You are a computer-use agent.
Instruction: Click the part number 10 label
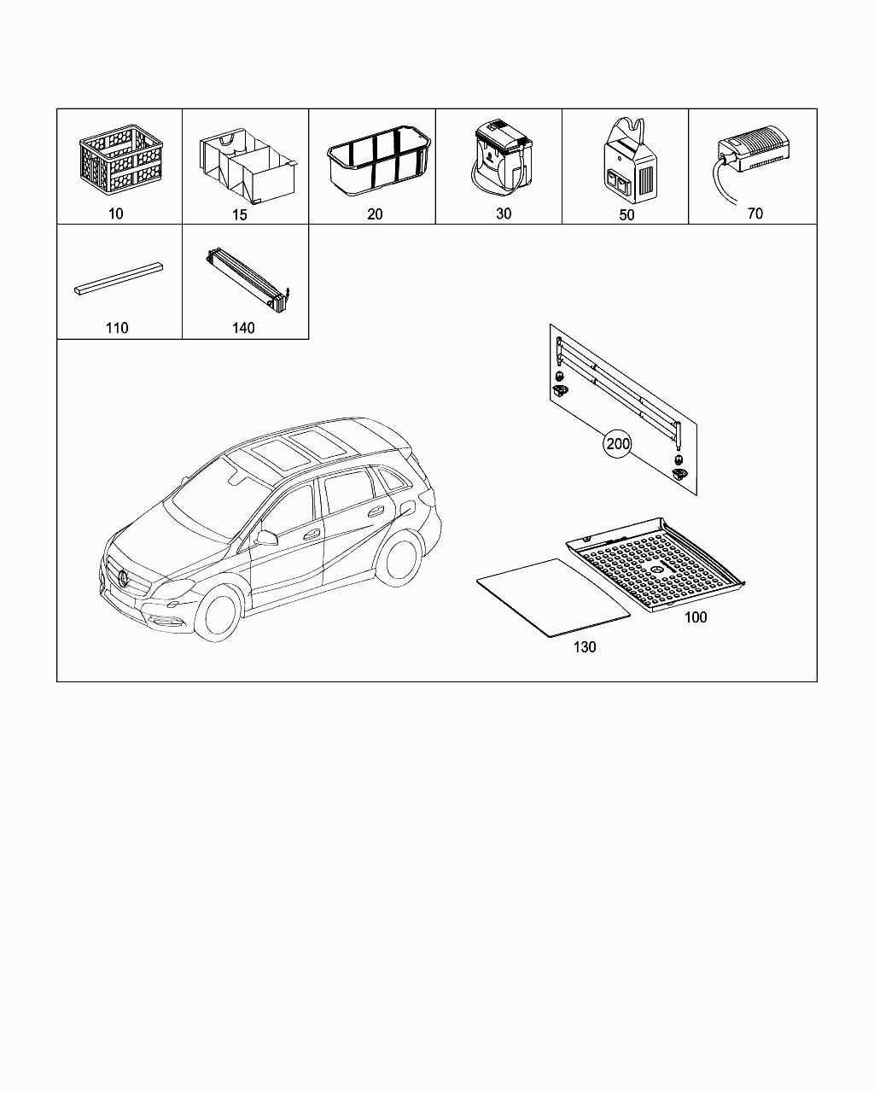116,213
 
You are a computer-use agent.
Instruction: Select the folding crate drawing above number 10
121,160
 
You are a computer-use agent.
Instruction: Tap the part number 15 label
240,215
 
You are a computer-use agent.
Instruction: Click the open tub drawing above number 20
379,161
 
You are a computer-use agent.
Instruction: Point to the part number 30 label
504,213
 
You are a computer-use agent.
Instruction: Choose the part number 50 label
626,215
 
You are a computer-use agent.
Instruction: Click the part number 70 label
755,213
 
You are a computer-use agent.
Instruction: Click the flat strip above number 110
119,278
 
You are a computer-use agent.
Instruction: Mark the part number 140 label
243,328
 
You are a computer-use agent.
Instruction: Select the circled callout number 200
618,444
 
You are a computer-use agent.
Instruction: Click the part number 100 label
696,617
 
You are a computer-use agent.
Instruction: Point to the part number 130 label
585,647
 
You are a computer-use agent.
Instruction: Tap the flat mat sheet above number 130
554,598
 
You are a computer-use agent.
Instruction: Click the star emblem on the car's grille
122,577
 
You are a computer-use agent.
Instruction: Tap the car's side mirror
266,537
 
